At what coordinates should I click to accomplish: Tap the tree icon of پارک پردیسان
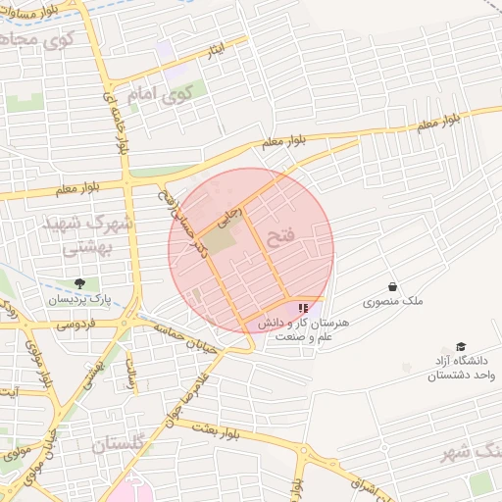coord(79,284)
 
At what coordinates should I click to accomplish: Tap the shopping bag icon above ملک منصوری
coord(392,288)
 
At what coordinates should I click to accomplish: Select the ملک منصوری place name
coord(392,303)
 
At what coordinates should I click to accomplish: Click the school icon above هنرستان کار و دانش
coord(300,308)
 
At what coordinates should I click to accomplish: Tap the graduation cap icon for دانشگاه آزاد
coord(460,348)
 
